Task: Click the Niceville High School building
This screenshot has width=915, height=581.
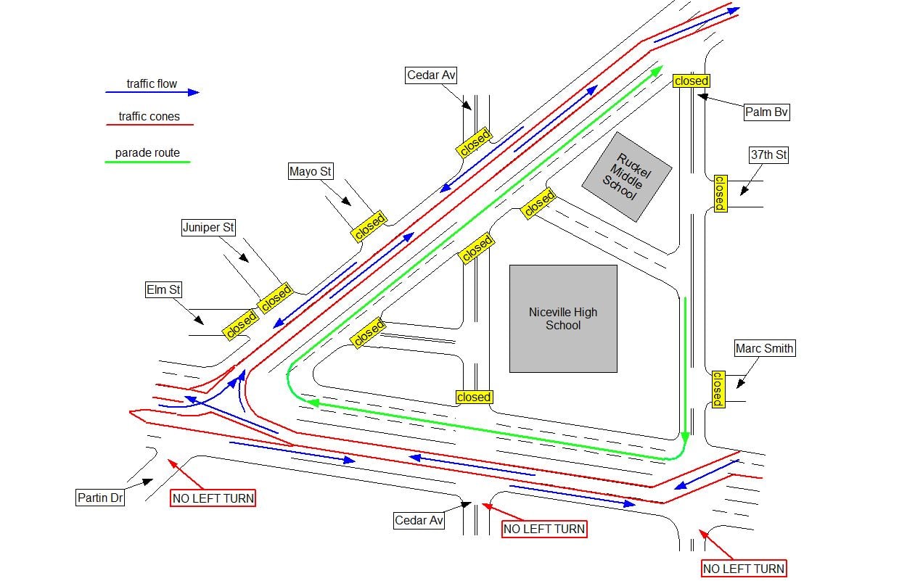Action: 563,318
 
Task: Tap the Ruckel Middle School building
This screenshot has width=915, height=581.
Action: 627,177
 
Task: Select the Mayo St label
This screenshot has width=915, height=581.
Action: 311,171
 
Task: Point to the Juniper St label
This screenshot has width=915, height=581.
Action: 208,228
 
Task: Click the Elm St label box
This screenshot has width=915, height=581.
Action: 163,290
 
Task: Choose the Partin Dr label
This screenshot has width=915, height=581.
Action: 100,498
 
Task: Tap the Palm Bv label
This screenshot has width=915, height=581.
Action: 766,112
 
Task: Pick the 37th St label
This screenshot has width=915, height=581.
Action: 768,155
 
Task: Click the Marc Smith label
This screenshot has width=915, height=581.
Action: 765,348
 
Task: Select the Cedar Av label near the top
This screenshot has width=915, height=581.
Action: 431,75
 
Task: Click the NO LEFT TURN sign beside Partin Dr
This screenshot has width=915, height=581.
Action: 213,498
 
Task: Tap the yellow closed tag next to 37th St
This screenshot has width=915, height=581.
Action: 720,194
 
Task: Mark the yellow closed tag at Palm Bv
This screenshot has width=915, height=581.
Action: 692,81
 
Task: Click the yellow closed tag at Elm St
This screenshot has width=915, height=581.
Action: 241,324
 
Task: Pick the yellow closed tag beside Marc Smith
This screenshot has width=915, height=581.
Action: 718,389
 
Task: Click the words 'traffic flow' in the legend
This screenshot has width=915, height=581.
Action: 152,83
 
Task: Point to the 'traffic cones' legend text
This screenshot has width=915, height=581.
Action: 149,116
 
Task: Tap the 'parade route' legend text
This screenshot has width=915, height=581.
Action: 147,153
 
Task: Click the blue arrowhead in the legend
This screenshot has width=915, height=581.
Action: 194,92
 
